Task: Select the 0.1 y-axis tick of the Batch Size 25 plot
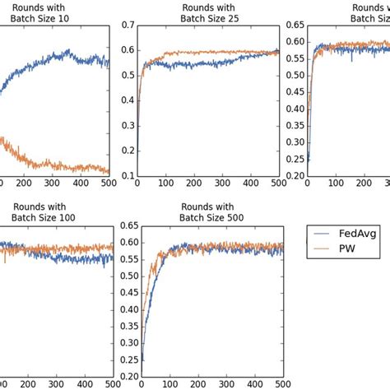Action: (x=127, y=176)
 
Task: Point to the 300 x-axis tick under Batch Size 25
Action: (x=223, y=185)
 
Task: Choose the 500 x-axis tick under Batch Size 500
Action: (x=280, y=384)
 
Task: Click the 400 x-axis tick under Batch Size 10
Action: (x=81, y=185)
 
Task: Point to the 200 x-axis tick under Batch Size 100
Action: (x=24, y=384)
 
